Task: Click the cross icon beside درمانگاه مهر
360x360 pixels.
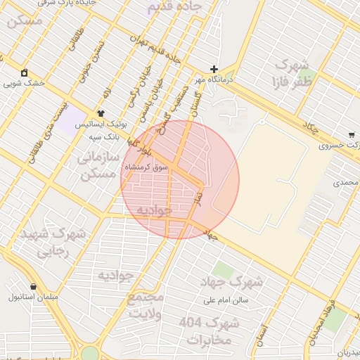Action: [x=214, y=69]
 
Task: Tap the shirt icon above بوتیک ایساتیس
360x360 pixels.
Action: [x=101, y=112]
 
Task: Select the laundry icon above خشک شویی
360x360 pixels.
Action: [x=25, y=72]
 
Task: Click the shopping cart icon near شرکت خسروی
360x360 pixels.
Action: [x=352, y=135]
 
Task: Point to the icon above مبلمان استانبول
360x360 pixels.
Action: [x=15, y=286]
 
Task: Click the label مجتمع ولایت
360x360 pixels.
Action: [x=146, y=306]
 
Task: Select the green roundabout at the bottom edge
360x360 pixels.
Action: [x=90, y=353]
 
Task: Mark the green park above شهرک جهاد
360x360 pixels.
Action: [x=223, y=270]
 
